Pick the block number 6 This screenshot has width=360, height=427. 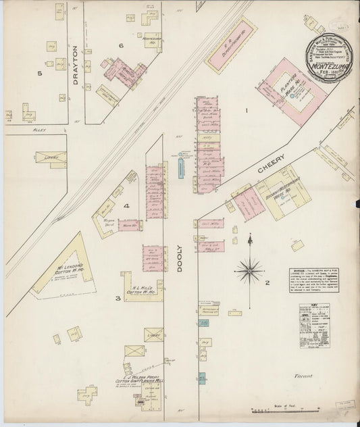click(x=121, y=45)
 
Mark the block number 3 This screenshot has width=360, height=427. click(x=118, y=297)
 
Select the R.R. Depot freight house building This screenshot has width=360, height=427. click(x=238, y=50)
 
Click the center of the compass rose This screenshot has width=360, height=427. click(x=250, y=270)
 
